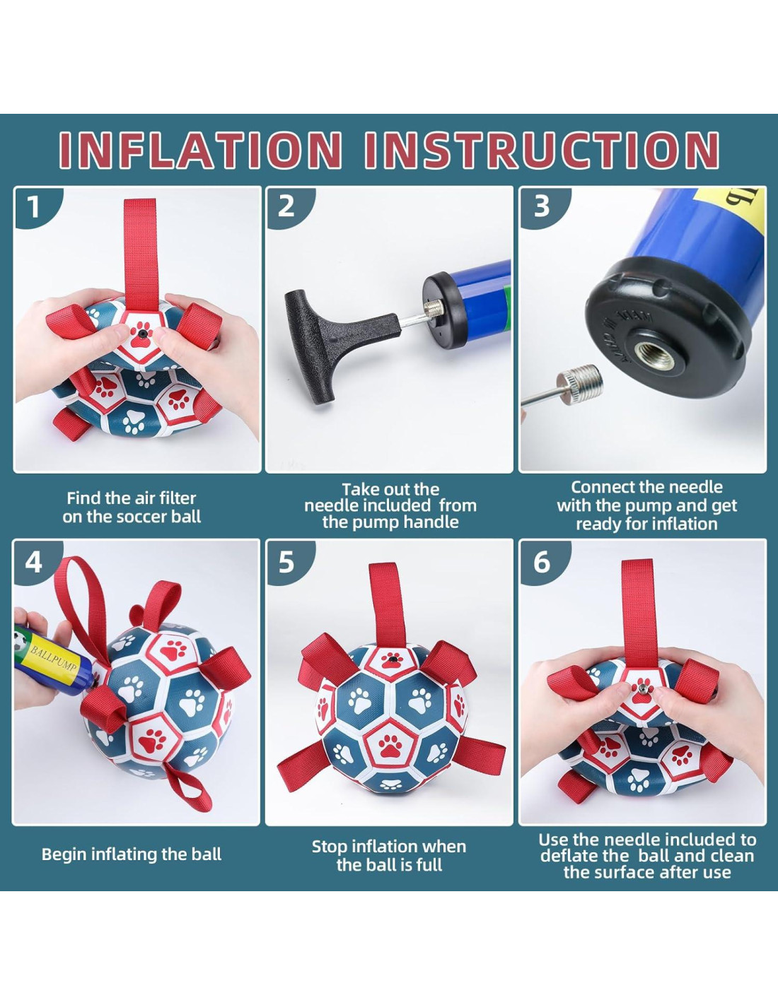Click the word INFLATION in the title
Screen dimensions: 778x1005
pos(200,150)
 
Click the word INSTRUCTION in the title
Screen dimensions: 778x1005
pos(542,150)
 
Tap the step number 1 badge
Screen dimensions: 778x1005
pos(34,207)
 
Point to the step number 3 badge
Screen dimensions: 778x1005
pos(542,206)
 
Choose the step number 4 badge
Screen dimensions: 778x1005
pos(34,563)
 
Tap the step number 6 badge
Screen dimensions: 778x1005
pos(542,563)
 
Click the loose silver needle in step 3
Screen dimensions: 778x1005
pos(562,386)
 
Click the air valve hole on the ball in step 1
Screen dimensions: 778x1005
pos(141,333)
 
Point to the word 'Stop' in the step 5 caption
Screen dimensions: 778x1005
pos(330,847)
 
